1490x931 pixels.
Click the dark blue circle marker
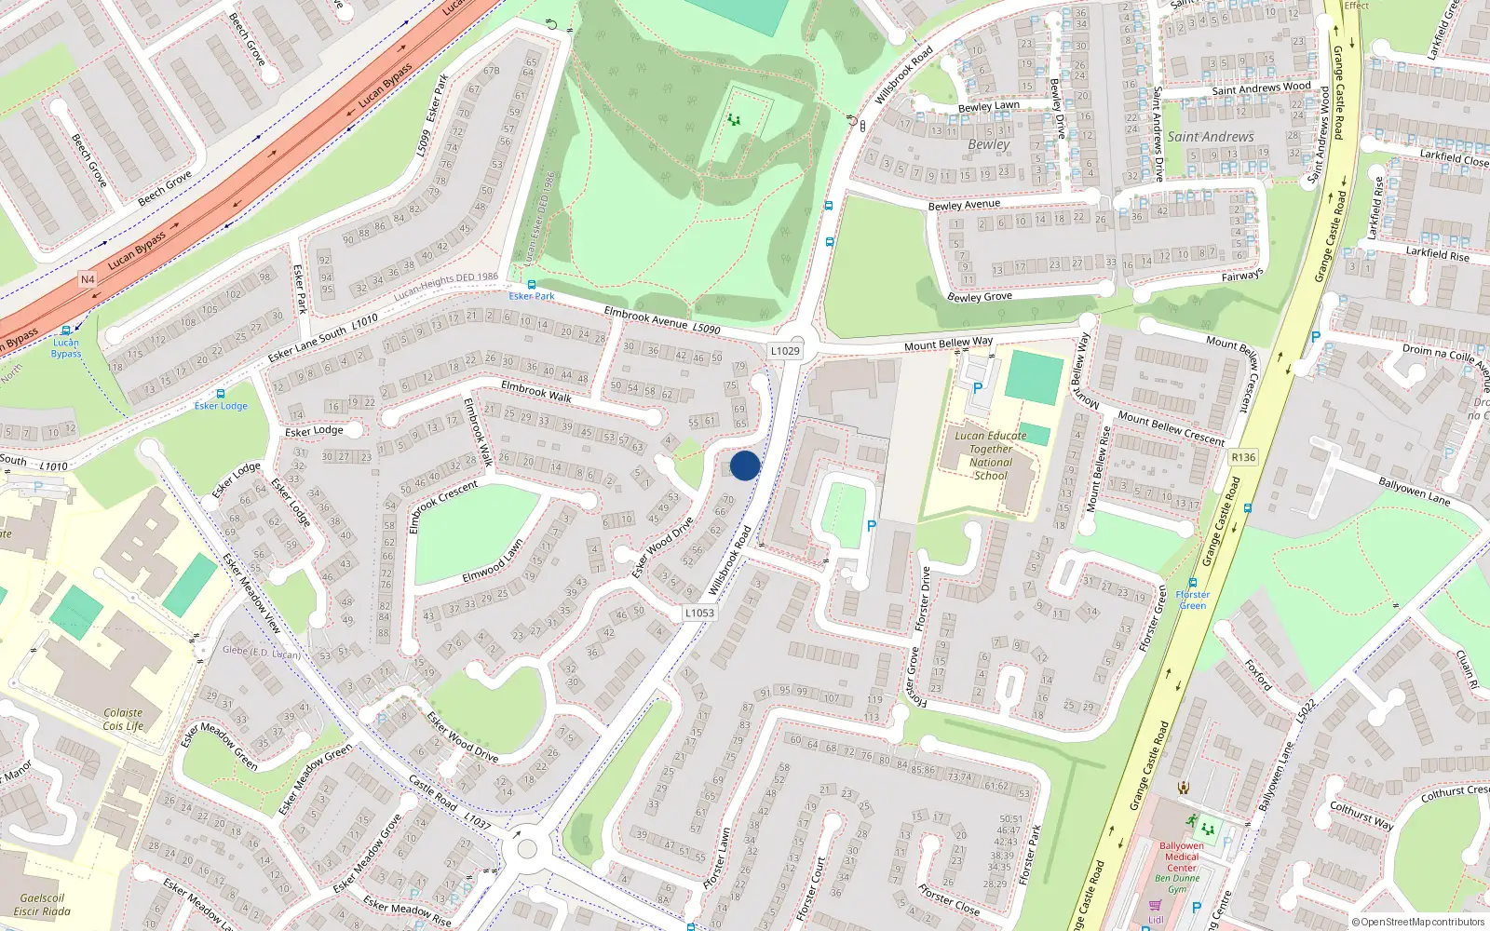point(745,465)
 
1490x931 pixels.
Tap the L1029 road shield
point(785,351)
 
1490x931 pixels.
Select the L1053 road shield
point(699,613)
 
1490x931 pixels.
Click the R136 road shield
point(1243,457)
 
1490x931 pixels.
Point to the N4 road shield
point(88,279)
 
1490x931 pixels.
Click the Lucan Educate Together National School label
point(991,455)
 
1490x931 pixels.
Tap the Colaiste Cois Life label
point(123,719)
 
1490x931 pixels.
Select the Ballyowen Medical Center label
point(1182,857)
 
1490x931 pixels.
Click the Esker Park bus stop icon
point(532,285)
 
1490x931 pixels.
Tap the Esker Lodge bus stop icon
point(221,394)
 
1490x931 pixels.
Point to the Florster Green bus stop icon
point(1193,584)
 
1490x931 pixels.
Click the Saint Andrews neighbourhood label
point(1210,137)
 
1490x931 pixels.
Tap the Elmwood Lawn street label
point(493,562)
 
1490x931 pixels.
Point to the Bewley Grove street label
point(979,297)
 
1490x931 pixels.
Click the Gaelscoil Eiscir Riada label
point(42,905)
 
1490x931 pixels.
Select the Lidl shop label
point(1156,920)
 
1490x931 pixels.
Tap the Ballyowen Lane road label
point(1414,491)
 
